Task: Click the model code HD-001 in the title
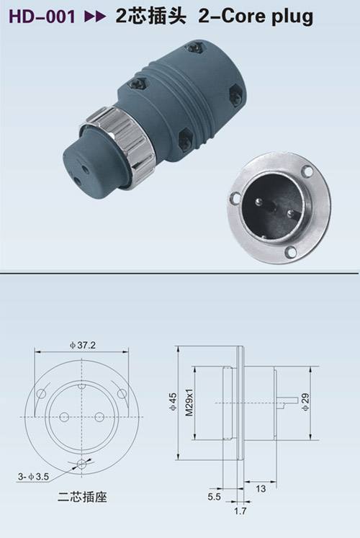click(42, 17)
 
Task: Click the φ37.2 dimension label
click(83, 345)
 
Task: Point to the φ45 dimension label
click(173, 402)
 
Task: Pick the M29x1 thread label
click(189, 403)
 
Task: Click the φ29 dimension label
click(305, 402)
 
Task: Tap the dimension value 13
click(261, 488)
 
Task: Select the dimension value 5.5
click(214, 496)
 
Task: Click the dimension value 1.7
click(240, 511)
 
